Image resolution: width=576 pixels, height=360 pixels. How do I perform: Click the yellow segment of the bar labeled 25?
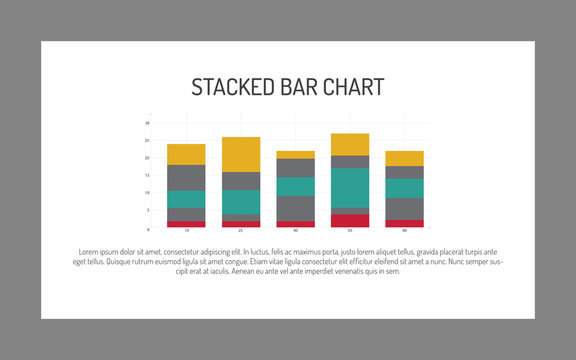tap(241, 154)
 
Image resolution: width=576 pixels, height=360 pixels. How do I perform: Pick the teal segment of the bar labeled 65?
tap(350, 187)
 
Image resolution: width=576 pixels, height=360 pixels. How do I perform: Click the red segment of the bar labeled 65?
tap(350, 220)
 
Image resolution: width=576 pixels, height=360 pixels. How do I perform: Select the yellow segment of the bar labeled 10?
tap(186, 154)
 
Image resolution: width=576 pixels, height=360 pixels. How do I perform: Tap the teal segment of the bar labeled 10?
tap(186, 198)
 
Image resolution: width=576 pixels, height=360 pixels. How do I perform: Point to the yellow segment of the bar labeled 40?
tap(295, 154)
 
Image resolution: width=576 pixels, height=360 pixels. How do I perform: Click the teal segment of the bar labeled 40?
tap(295, 186)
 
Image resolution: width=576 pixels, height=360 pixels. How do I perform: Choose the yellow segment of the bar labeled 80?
tap(404, 158)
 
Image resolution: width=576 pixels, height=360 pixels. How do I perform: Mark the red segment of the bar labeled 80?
tap(404, 223)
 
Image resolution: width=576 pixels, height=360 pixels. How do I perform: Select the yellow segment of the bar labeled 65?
tap(350, 144)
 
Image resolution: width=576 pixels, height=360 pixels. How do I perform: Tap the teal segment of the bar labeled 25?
tap(241, 201)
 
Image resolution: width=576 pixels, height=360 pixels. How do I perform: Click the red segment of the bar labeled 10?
tap(186, 224)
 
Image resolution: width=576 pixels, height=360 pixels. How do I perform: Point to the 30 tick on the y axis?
tap(147, 123)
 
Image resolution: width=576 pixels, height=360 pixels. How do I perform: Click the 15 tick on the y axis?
tap(147, 175)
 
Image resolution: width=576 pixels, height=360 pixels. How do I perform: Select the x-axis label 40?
tap(295, 231)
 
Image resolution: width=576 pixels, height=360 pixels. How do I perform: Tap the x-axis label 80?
tap(404, 231)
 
